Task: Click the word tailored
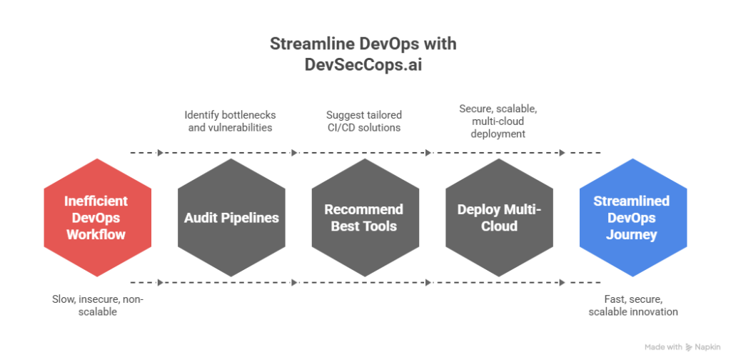click(383, 114)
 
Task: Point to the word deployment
click(498, 134)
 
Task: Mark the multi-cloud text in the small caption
click(498, 121)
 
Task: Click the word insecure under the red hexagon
click(95, 299)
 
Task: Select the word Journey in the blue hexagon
click(632, 234)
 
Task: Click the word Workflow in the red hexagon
click(97, 234)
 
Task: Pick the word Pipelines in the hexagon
click(250, 218)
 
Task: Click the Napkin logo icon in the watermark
click(689, 347)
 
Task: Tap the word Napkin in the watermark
click(707, 347)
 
